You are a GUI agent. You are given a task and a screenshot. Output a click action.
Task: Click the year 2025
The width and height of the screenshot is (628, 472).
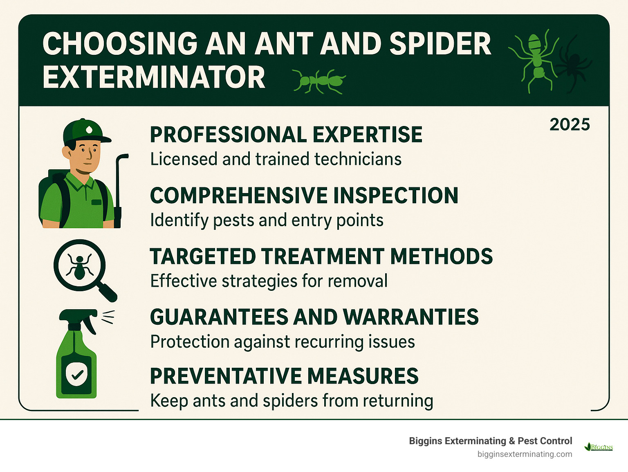(x=570, y=125)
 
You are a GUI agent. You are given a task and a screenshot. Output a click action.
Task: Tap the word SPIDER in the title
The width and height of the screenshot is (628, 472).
(x=440, y=44)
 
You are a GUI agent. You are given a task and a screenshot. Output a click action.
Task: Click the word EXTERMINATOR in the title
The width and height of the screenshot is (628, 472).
(x=154, y=77)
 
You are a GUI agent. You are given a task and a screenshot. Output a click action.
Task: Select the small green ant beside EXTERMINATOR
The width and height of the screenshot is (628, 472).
(x=319, y=81)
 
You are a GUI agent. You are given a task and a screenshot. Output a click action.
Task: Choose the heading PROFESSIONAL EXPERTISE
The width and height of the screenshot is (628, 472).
(x=286, y=135)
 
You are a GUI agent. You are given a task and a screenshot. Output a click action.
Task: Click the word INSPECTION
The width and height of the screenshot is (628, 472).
(x=396, y=196)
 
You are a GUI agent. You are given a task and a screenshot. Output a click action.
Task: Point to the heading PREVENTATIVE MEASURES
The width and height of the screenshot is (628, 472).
(x=284, y=376)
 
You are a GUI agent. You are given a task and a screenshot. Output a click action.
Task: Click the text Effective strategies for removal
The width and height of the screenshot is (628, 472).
(x=269, y=281)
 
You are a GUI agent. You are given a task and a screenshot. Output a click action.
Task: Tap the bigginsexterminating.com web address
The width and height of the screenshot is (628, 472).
(x=525, y=454)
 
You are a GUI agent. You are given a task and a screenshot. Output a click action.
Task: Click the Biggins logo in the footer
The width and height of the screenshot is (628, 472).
(x=599, y=447)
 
